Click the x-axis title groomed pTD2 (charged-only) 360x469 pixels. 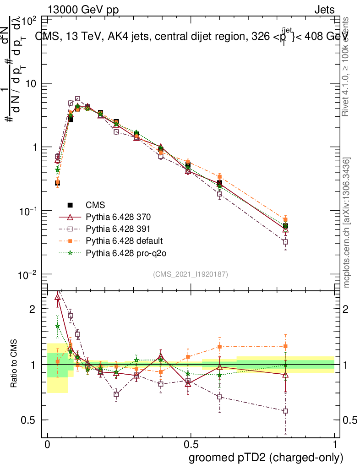[265, 457]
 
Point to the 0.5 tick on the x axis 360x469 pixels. [191, 444]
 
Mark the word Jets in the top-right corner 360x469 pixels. [324, 10]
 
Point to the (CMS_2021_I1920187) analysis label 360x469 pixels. [191, 274]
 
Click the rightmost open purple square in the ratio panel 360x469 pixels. [285, 411]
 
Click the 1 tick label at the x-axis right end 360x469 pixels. [335, 444]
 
